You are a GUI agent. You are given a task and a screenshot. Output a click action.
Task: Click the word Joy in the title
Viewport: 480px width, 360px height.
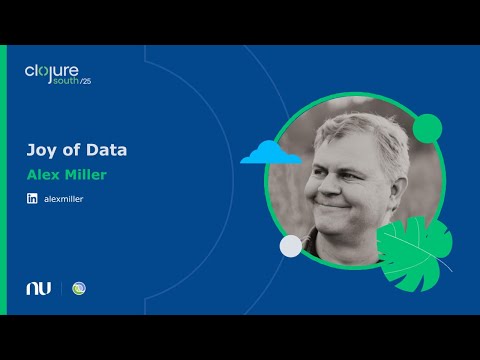click(39, 151)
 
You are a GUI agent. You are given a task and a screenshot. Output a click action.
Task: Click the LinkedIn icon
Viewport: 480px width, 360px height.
click(33, 199)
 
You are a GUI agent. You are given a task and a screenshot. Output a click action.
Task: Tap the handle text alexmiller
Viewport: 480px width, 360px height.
click(64, 199)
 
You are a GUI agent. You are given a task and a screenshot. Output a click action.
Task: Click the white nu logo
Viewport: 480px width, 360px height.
click(38, 288)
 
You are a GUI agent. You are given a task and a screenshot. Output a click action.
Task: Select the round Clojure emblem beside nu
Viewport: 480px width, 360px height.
click(80, 288)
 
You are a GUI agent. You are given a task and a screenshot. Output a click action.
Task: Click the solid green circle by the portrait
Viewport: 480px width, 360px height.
click(427, 127)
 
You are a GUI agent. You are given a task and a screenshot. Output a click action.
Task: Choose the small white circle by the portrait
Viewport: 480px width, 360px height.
click(290, 245)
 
